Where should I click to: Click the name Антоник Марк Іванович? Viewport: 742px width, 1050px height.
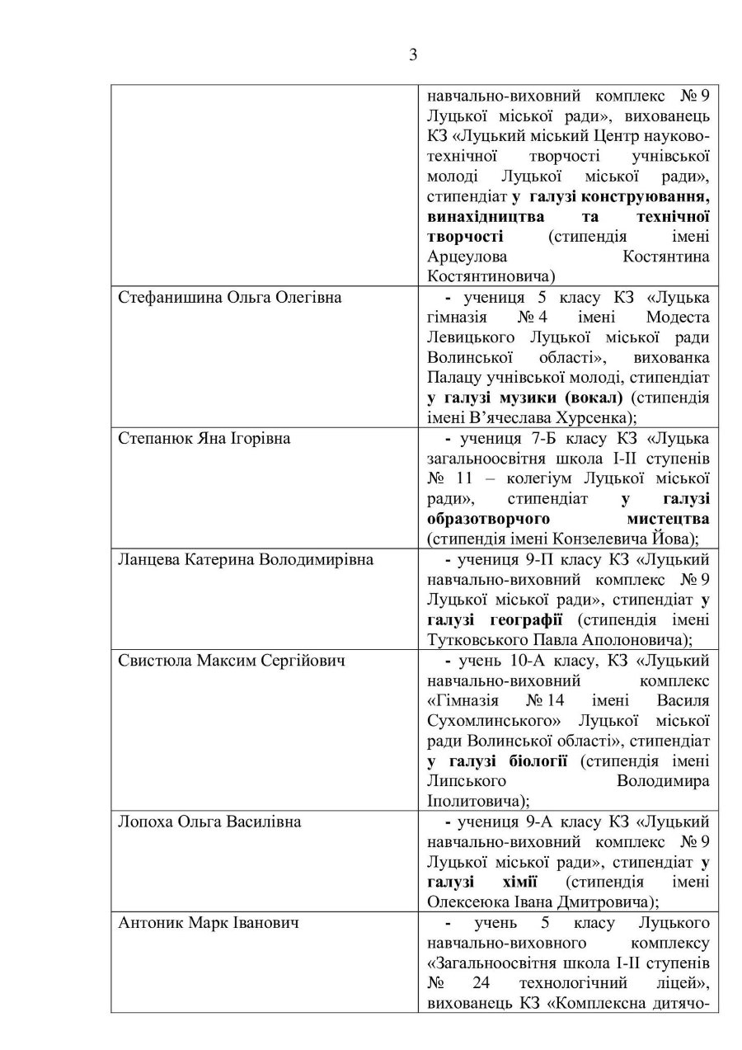pos(209,923)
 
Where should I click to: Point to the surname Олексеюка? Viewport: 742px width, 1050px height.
pos(471,902)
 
